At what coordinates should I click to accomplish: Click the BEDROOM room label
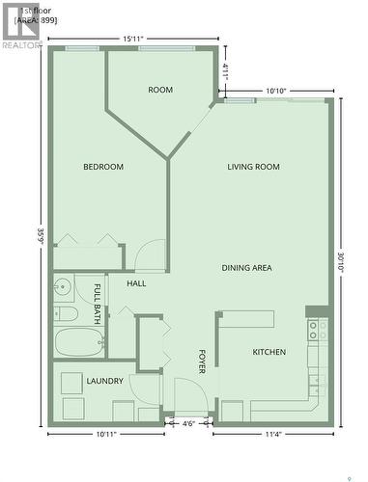103,167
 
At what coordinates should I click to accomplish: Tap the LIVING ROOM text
253,167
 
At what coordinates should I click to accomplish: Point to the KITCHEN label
269,353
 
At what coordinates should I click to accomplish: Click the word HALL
136,283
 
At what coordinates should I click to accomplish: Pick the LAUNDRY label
104,381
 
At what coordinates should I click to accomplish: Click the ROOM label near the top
160,90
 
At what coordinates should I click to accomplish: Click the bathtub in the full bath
78,342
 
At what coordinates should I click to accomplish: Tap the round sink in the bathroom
64,286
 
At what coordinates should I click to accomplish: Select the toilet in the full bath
65,313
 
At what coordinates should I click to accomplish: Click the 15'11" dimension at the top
134,39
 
